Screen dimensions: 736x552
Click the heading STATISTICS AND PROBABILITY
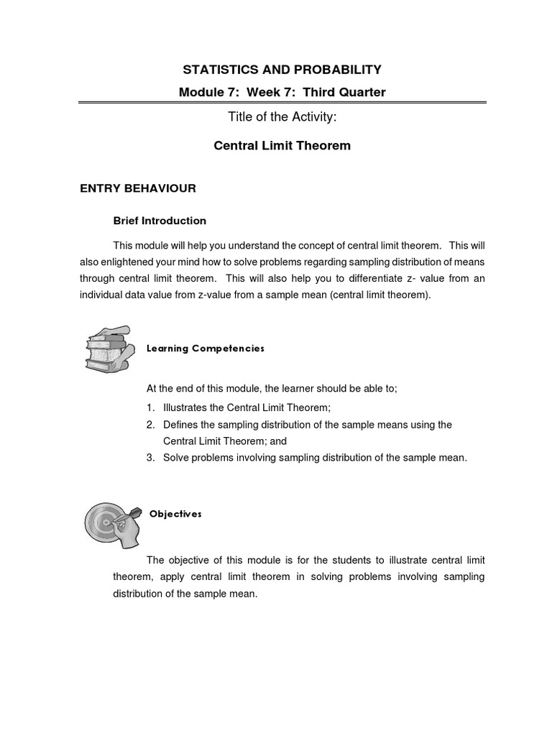pyautogui.click(x=282, y=70)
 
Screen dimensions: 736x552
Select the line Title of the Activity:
pyautogui.click(x=282, y=119)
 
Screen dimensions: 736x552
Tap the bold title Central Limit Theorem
pyautogui.click(x=282, y=146)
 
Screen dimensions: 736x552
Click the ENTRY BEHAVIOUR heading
pyautogui.click(x=137, y=188)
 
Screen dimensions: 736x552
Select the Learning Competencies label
pyautogui.click(x=206, y=349)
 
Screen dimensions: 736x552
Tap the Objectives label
pyautogui.click(x=175, y=515)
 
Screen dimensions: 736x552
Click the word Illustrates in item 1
pyautogui.click(x=185, y=407)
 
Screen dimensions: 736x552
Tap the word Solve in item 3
pyautogui.click(x=176, y=457)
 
